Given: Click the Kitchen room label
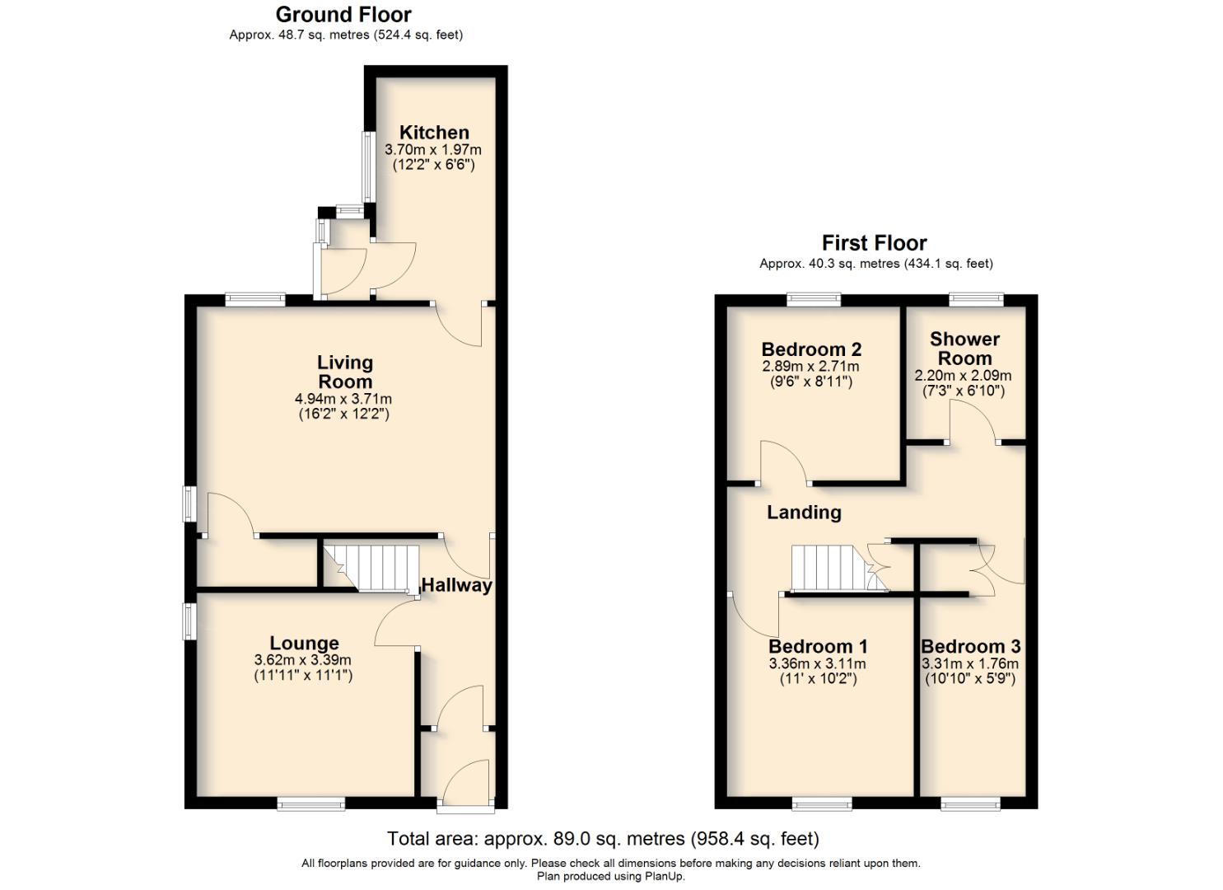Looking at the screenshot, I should [x=434, y=133].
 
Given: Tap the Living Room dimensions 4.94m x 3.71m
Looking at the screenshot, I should [x=343, y=399].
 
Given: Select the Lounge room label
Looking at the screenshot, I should [x=304, y=643].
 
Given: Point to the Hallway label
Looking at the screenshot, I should [x=456, y=585].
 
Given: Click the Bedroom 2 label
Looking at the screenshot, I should [x=811, y=349].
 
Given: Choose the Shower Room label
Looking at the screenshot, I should [x=964, y=349].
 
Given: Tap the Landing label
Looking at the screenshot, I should [x=804, y=513].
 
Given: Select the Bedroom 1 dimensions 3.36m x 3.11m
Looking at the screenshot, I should [x=817, y=663].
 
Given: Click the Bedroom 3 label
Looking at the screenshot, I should [x=970, y=647].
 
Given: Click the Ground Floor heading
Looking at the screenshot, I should [x=343, y=14].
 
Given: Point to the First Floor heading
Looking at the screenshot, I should [x=874, y=243].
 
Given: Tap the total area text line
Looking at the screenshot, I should [x=603, y=839].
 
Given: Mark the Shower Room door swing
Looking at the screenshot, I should [x=971, y=421].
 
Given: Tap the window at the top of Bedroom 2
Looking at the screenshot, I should [x=813, y=300].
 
